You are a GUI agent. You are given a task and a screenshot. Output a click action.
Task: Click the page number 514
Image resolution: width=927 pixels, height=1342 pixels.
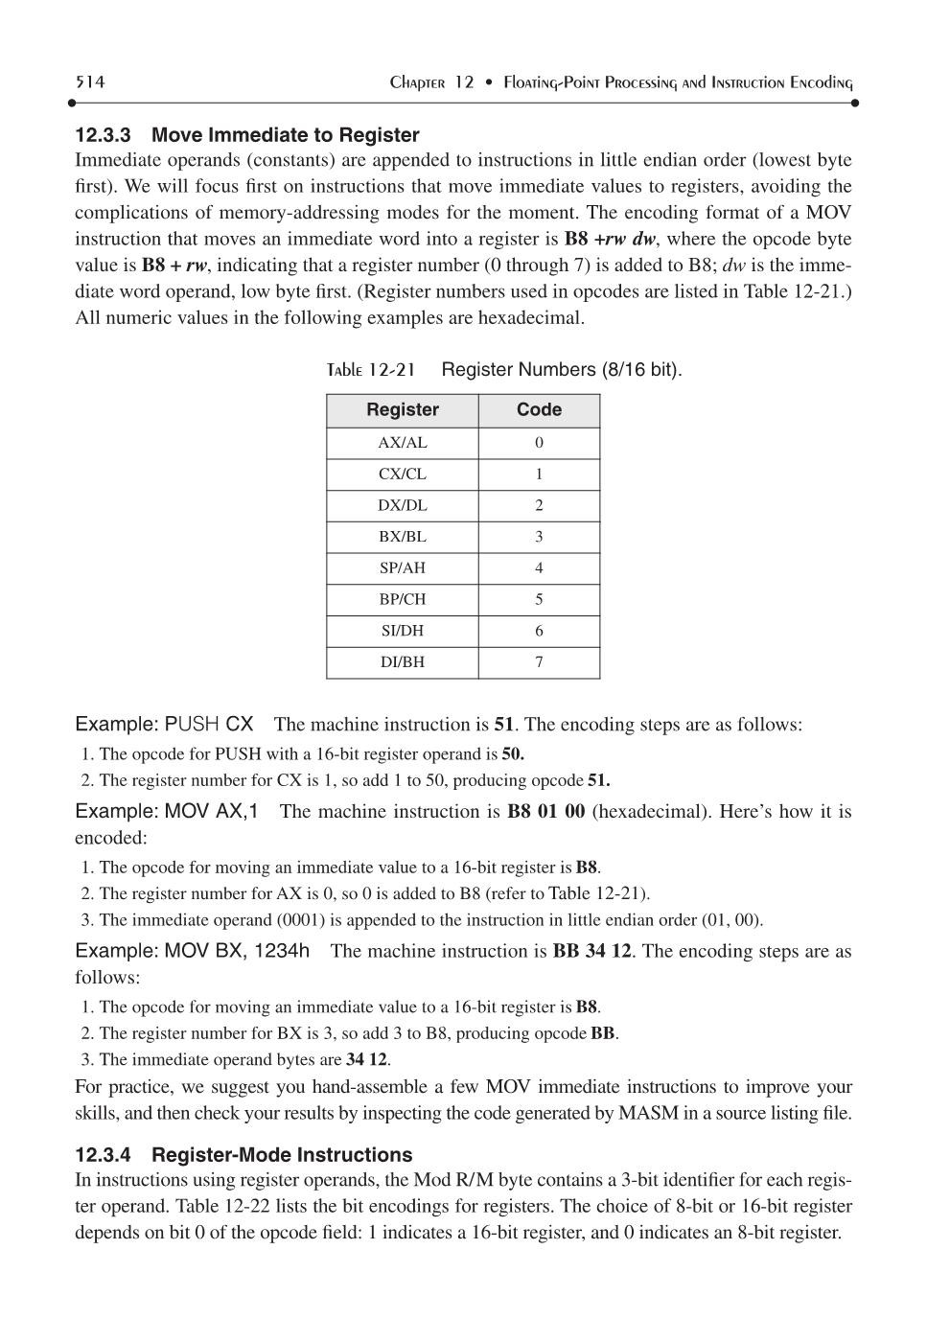tap(90, 82)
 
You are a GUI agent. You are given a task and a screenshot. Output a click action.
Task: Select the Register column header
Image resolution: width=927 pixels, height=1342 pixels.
tap(402, 410)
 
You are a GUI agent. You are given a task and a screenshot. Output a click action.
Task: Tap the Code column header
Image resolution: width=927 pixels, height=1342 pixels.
tap(539, 410)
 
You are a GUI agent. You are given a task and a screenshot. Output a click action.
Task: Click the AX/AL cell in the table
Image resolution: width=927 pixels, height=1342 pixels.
tap(403, 443)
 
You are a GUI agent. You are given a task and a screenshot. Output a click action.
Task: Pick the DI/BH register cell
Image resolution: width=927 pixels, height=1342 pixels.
tap(403, 662)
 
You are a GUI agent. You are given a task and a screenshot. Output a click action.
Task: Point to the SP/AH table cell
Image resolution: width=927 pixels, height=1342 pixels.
tap(403, 568)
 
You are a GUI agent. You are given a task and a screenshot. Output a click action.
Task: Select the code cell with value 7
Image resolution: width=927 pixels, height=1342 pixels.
tap(539, 662)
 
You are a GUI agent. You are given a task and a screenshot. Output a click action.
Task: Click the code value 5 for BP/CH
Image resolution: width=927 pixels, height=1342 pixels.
tap(539, 600)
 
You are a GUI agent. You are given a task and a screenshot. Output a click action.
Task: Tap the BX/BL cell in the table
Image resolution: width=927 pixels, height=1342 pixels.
tap(403, 537)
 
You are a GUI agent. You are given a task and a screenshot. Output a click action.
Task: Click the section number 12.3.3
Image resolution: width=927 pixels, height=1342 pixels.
tap(103, 135)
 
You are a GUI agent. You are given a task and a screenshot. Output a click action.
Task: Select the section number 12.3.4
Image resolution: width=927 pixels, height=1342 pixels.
tap(103, 1155)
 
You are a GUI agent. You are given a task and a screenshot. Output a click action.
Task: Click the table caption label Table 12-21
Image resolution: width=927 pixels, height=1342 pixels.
tap(371, 370)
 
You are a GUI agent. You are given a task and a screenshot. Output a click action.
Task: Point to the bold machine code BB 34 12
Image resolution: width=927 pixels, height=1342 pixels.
tap(592, 952)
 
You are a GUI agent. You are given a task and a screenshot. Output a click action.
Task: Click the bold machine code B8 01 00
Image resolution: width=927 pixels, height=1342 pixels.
tap(545, 812)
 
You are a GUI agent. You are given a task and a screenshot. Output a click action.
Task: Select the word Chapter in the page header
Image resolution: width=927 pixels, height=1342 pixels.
tap(417, 83)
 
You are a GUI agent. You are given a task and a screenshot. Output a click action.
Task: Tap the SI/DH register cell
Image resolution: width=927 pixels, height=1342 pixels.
tap(403, 631)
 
